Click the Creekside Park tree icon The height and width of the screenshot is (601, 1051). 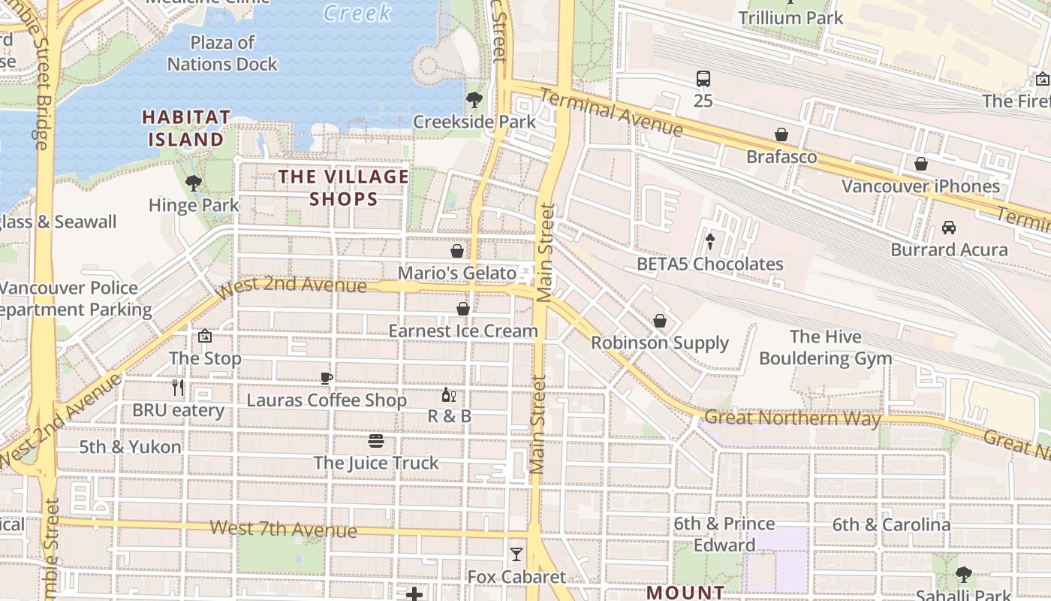click(474, 99)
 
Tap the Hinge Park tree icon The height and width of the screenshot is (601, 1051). click(194, 183)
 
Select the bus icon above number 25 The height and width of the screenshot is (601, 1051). click(703, 78)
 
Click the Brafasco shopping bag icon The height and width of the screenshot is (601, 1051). click(781, 134)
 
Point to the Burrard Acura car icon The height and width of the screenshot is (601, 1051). click(949, 227)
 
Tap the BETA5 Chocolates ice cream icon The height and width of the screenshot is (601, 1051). click(709, 241)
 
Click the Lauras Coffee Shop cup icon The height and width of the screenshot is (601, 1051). click(327, 378)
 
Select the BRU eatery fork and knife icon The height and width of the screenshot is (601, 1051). click(178, 388)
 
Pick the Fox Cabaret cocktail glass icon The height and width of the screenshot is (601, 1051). click(516, 554)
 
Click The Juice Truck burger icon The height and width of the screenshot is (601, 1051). click(376, 440)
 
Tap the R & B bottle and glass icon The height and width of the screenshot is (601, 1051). click(449, 394)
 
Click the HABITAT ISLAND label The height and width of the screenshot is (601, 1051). click(186, 128)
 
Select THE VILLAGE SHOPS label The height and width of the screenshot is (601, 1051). click(344, 188)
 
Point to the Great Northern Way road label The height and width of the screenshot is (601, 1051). click(792, 418)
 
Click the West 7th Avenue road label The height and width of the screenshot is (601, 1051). click(283, 529)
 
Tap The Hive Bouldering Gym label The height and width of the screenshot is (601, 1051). click(825, 347)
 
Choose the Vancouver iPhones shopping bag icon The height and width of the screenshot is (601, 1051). click(921, 164)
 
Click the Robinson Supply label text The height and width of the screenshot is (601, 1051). click(660, 343)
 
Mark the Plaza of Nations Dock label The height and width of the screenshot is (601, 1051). click(222, 53)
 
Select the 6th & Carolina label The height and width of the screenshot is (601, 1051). click(891, 524)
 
